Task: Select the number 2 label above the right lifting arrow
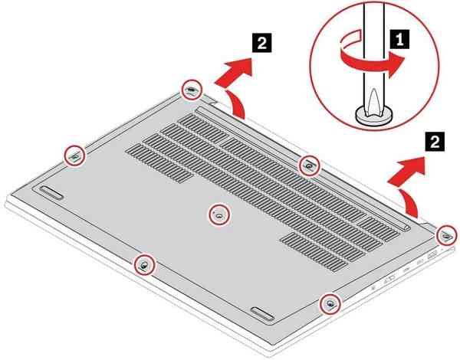click(435, 141)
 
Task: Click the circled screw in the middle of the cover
click(219, 215)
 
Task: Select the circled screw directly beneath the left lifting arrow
click(191, 90)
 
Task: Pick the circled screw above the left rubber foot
click(74, 155)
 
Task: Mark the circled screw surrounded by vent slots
click(308, 163)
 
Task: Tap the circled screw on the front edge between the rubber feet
click(143, 265)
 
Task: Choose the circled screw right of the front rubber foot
click(330, 303)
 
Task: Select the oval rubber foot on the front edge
click(263, 313)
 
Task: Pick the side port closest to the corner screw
click(432, 254)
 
